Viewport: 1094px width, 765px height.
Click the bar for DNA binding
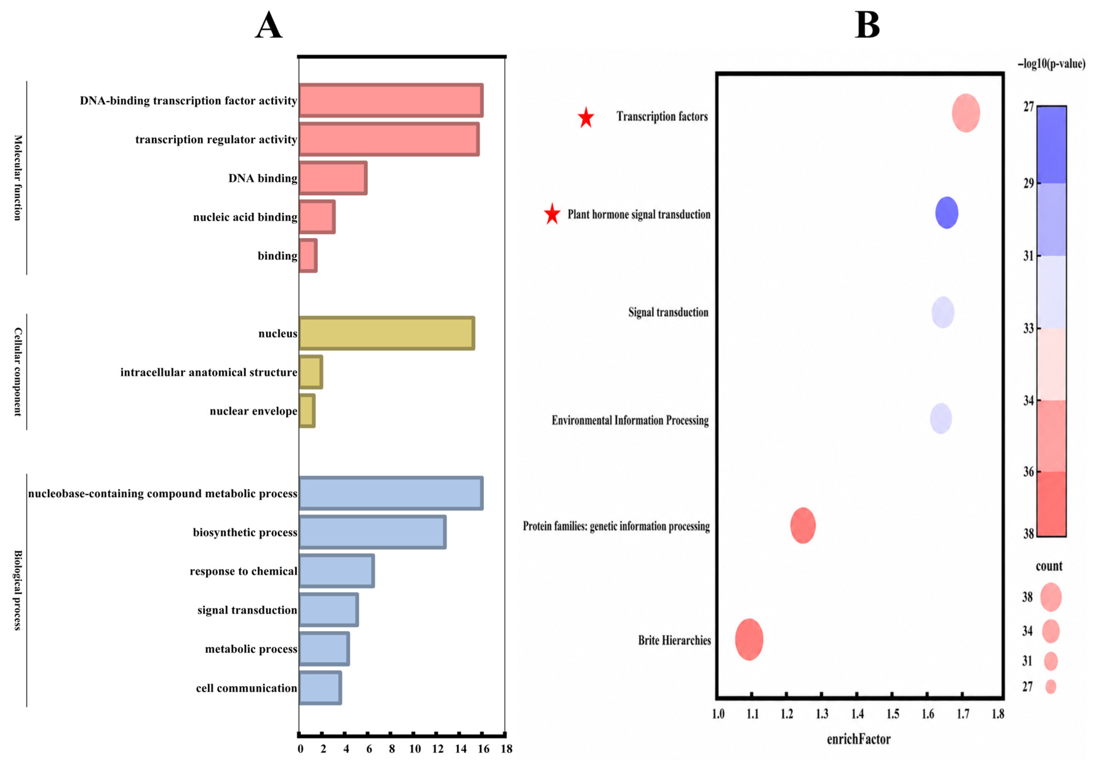[x=333, y=178]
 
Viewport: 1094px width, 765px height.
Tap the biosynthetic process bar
[x=373, y=532]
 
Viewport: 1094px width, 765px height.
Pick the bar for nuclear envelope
[x=307, y=411]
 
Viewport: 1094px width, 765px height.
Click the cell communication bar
[x=320, y=688]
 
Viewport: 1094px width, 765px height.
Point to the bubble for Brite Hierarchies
[x=749, y=639]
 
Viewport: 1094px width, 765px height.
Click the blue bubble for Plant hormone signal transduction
[x=947, y=212]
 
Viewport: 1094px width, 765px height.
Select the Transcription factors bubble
[x=966, y=113]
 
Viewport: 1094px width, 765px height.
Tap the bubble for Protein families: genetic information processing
[x=803, y=525]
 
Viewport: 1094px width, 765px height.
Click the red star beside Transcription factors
[x=586, y=118]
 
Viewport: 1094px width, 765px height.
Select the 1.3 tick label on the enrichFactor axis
[x=822, y=714]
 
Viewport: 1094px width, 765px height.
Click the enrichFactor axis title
[x=859, y=739]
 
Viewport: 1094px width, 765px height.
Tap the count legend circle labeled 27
[x=1051, y=686]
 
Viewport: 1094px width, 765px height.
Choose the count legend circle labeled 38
[x=1051, y=597]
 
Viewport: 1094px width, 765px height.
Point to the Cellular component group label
[x=18, y=372]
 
